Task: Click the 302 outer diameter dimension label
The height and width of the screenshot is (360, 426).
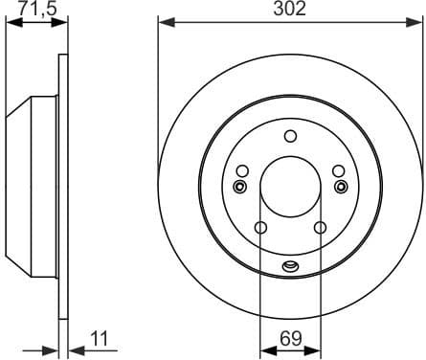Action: (x=291, y=10)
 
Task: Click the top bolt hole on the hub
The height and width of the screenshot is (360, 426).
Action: (x=291, y=136)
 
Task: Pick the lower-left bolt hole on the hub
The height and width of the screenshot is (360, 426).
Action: (x=259, y=227)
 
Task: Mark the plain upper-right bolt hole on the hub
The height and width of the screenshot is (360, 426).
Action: (x=339, y=171)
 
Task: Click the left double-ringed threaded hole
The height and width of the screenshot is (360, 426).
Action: (x=239, y=186)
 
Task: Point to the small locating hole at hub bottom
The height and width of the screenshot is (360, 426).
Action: (x=291, y=265)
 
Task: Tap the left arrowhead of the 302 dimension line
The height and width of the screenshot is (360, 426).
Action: (x=163, y=21)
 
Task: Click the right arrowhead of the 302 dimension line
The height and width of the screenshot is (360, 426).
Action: (x=417, y=21)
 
